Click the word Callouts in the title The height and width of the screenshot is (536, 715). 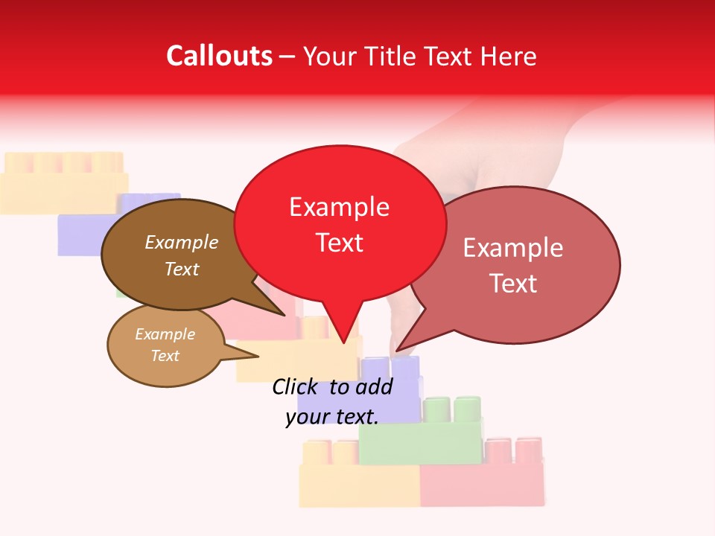tap(219, 56)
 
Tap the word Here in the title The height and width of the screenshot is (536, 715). tap(509, 57)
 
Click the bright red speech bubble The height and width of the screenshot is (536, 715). tap(340, 223)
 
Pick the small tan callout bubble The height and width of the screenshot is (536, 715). tap(165, 345)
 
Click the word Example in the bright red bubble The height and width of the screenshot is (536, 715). tap(340, 206)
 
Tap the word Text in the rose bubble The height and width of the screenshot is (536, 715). tap(514, 284)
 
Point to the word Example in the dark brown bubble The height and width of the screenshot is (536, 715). tap(181, 242)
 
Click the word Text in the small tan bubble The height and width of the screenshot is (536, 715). tap(165, 356)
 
